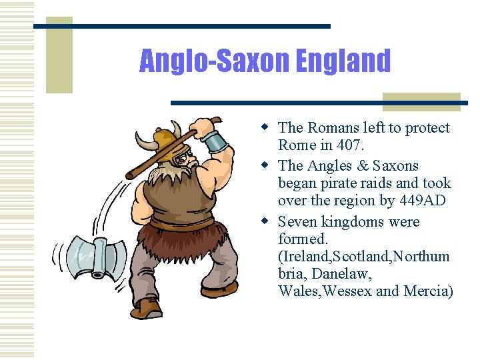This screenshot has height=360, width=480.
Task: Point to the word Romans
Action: click(x=333, y=127)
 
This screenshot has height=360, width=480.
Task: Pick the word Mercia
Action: click(x=427, y=291)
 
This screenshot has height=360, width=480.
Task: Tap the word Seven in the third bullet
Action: click(x=298, y=221)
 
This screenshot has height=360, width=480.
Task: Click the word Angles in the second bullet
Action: click(x=331, y=165)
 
